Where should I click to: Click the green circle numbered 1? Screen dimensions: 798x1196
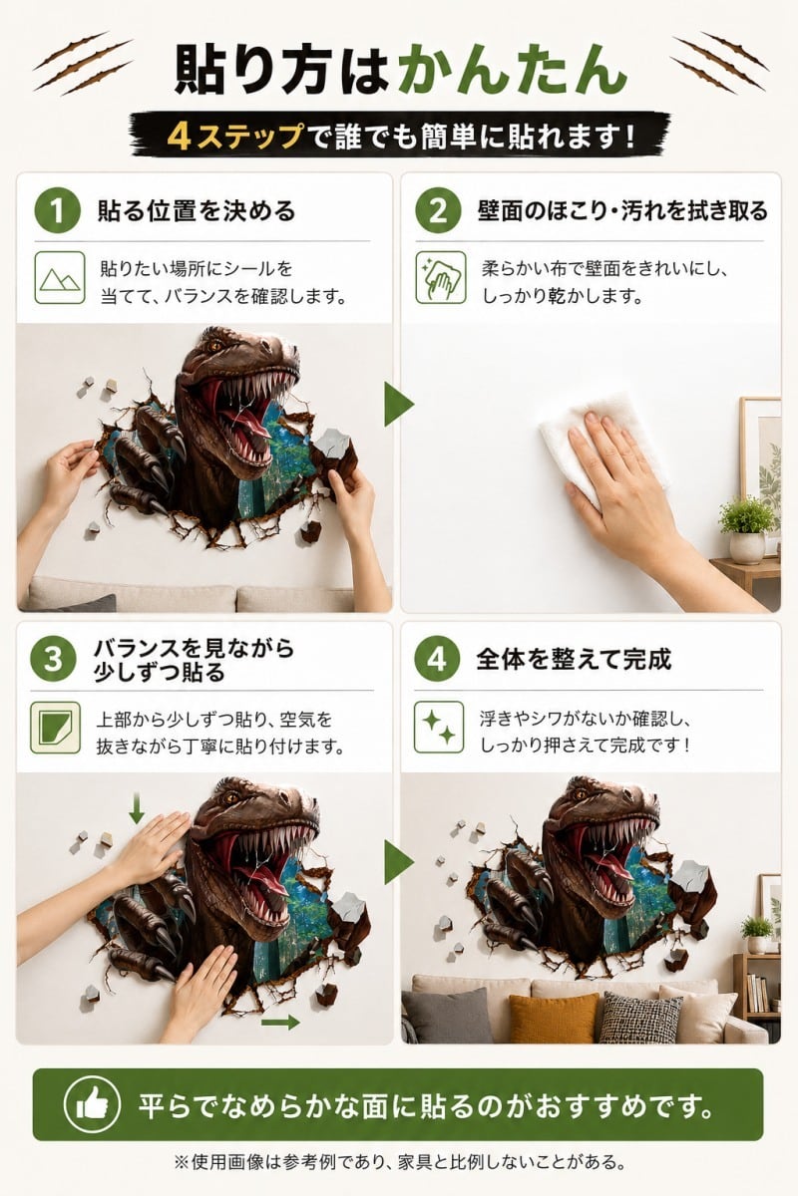coord(57,211)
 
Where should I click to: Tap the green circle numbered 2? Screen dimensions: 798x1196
coord(438,211)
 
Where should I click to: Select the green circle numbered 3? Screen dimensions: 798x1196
coord(54,660)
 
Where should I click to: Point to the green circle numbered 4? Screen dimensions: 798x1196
coord(437,660)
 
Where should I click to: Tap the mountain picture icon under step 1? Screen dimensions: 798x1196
coord(60,278)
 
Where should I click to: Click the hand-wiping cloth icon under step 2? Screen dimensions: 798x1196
coord(441,278)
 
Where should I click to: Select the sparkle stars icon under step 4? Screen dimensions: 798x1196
coord(439,727)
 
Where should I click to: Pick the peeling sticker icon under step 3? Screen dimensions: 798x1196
coord(55,728)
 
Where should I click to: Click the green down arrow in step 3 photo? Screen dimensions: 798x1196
coord(137,808)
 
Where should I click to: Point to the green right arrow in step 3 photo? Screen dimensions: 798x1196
coord(280,1022)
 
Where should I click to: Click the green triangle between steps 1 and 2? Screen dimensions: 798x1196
coord(399,405)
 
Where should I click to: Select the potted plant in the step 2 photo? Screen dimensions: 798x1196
coord(747,529)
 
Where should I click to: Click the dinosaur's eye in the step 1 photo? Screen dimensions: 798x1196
coord(217,347)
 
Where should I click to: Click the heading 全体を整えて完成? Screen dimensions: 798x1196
coord(574,660)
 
